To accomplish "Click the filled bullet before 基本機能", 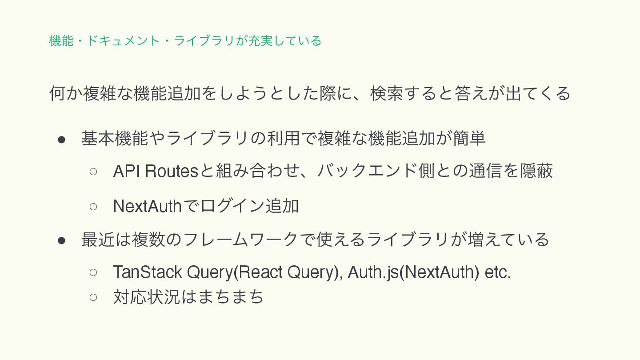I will [x=62, y=139].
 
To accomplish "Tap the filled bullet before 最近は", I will [x=62, y=240].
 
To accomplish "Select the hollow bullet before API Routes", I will [x=93, y=172].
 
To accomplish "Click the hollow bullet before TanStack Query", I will [x=93, y=272].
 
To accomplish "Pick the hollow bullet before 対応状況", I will [x=93, y=297].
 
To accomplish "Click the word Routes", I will [x=172, y=171].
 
